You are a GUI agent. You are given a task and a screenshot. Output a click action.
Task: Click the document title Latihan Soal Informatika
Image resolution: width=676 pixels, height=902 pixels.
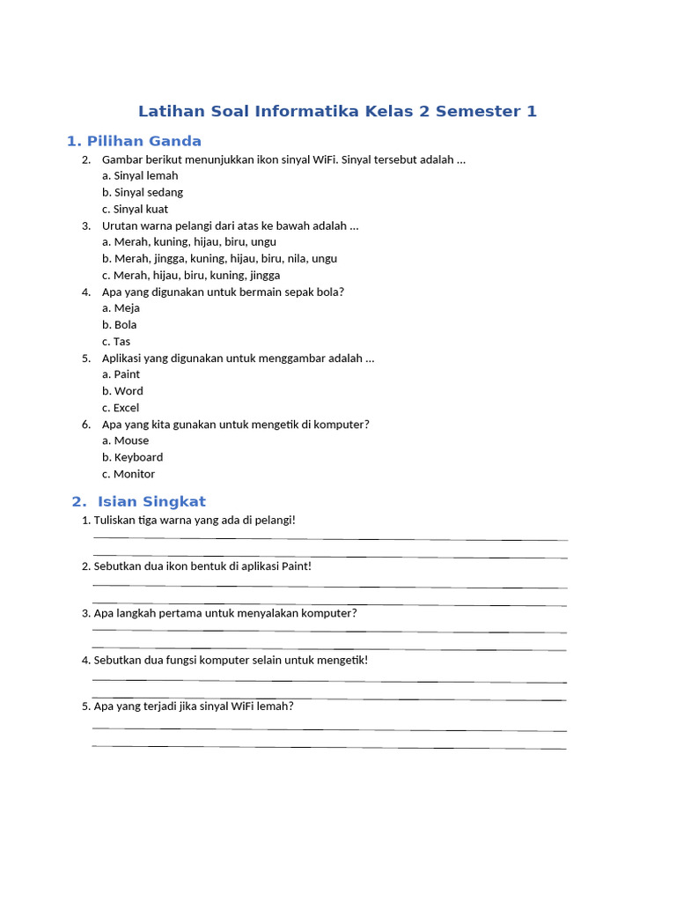pyautogui.click(x=337, y=112)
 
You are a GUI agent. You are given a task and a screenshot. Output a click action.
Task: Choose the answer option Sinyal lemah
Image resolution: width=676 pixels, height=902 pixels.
pyautogui.click(x=140, y=175)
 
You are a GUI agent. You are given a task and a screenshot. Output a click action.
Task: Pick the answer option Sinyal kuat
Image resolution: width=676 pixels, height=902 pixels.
pyautogui.click(x=135, y=209)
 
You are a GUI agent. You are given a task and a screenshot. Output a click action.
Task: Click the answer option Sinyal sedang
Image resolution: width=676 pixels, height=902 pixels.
pyautogui.click(x=143, y=192)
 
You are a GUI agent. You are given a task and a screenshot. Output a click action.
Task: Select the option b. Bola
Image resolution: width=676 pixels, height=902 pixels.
pyautogui.click(x=120, y=325)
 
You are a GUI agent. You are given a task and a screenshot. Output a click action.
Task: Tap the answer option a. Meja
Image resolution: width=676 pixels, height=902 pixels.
pyautogui.click(x=121, y=308)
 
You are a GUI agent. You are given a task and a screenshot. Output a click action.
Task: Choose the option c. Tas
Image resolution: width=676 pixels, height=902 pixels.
pyautogui.click(x=116, y=342)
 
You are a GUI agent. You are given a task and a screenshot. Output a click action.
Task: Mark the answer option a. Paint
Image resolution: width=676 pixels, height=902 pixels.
pyautogui.click(x=121, y=374)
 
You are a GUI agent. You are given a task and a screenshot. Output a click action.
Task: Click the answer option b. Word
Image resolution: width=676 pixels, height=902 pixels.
pyautogui.click(x=122, y=391)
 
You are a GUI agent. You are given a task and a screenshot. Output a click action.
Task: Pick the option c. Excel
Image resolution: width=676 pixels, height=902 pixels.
pyautogui.click(x=121, y=408)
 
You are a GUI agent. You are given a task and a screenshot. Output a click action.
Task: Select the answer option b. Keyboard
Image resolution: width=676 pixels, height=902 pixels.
pyautogui.click(x=132, y=457)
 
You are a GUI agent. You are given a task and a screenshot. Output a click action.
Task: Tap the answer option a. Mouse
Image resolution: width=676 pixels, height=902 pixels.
pyautogui.click(x=125, y=440)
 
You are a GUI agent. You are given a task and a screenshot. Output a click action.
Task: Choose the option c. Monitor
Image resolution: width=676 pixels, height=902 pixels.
pyautogui.click(x=129, y=474)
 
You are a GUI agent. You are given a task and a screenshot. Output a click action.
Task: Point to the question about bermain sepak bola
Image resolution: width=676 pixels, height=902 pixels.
pyautogui.click(x=223, y=292)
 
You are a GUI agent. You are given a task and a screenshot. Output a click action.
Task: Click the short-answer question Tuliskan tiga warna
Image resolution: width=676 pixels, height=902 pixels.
pyautogui.click(x=195, y=521)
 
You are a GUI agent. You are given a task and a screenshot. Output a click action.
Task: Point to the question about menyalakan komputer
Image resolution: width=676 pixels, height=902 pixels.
pyautogui.click(x=225, y=613)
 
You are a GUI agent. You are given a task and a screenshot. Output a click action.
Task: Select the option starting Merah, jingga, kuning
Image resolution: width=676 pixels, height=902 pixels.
pyautogui.click(x=219, y=259)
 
